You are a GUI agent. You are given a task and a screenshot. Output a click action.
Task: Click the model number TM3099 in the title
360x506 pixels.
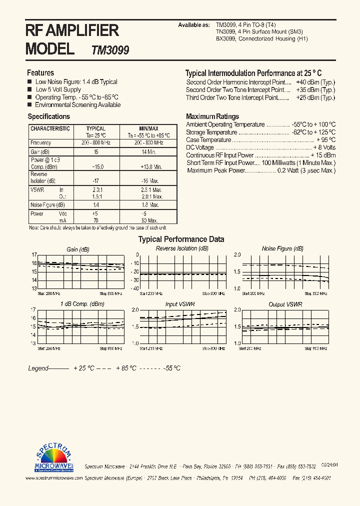click(x=110, y=50)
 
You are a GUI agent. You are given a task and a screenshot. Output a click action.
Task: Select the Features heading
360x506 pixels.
click(x=40, y=72)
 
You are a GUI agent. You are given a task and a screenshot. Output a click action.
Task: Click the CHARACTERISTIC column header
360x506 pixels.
click(x=50, y=128)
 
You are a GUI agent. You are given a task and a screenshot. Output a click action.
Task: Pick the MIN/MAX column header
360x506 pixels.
click(x=148, y=128)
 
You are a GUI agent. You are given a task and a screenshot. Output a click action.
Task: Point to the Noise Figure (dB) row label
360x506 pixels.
click(x=47, y=204)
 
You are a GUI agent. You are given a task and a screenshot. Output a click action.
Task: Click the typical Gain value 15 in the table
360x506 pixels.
click(x=96, y=151)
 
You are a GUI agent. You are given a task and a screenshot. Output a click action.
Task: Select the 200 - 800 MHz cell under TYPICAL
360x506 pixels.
click(x=96, y=142)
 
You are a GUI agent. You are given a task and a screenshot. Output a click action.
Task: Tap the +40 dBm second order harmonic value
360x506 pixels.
click(x=315, y=82)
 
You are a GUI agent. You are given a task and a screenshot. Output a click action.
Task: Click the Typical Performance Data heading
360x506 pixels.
click(x=181, y=239)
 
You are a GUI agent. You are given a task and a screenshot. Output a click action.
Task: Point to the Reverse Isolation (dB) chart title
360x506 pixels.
click(x=182, y=248)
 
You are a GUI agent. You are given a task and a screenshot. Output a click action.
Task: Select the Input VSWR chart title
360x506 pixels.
click(x=180, y=304)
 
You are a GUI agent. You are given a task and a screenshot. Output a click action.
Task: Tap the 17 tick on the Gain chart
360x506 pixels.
click(x=34, y=254)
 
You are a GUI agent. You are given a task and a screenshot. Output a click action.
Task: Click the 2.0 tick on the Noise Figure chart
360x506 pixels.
click(x=237, y=254)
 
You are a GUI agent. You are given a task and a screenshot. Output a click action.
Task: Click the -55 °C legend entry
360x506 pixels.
click(x=171, y=368)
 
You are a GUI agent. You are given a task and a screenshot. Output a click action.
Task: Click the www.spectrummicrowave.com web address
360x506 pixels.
click(x=54, y=478)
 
